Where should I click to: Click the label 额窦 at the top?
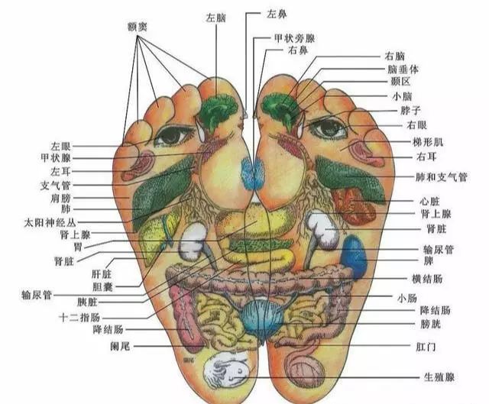137,27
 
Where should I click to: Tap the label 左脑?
215,18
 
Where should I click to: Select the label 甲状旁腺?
295,38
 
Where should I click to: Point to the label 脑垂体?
403,69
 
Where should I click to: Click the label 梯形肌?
428,142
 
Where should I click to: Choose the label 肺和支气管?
442,177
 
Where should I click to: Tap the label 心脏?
429,202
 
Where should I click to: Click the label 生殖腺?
439,377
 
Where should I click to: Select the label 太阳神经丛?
50,222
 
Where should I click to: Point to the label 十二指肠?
79,318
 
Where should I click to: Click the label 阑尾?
120,346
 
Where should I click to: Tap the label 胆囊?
102,287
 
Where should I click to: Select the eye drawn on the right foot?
327,128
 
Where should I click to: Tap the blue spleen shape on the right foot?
354,257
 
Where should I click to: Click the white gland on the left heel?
226,370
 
